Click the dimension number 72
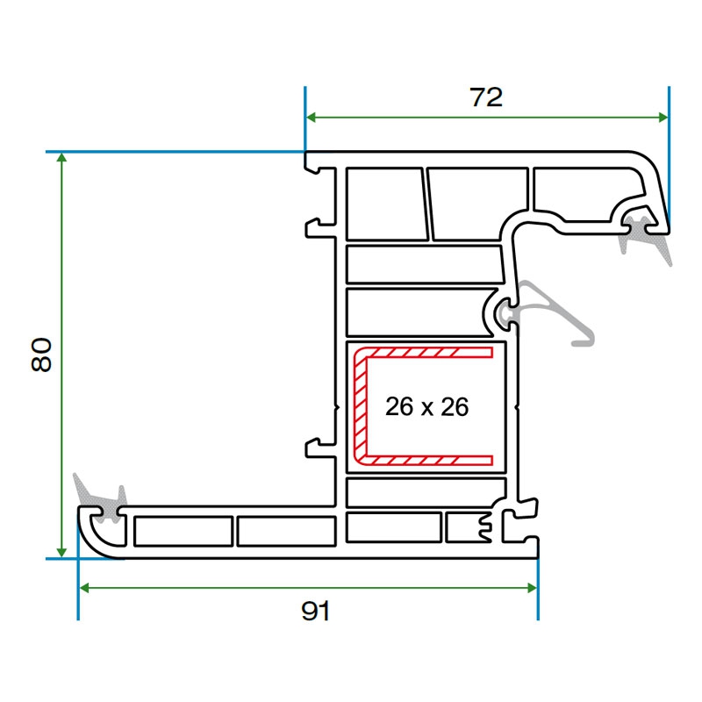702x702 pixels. (486, 97)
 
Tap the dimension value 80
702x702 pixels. (43, 355)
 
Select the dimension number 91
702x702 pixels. (315, 612)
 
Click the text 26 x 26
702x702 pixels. (427, 407)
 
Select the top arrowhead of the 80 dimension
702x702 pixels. (61, 159)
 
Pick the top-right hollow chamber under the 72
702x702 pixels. (584, 190)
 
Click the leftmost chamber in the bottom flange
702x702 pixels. (183, 531)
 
